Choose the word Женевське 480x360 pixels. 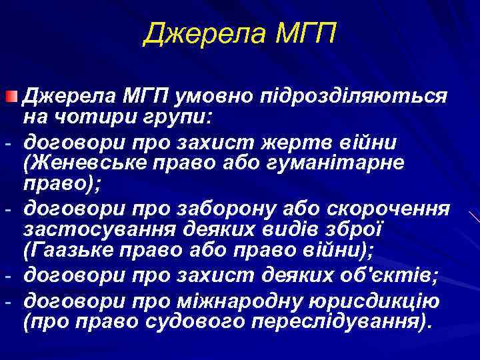83,163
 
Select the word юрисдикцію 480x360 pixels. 375,301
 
